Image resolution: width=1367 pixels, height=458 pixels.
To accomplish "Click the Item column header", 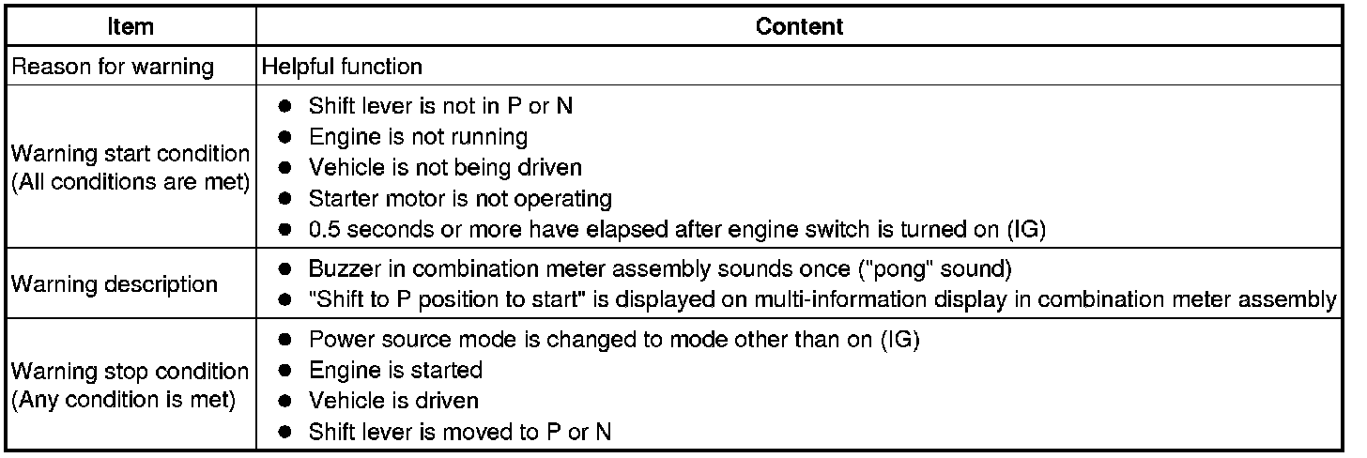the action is pos(131,27).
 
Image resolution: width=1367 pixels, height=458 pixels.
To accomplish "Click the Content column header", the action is pos(799,27).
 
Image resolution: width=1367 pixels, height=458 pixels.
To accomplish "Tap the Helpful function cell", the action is pos(342,68).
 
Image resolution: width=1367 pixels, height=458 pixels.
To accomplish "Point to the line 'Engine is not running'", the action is pos(418,137).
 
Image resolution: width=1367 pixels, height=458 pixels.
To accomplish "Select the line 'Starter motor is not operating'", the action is pos(460,199).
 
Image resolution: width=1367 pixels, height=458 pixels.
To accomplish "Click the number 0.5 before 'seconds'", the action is pos(324,230).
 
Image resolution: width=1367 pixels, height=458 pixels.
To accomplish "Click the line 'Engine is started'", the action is pos(395,371).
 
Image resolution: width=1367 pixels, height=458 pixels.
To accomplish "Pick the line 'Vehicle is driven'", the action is pos(393,402).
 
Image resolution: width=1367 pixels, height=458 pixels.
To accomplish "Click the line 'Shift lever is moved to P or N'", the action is pos(462,433).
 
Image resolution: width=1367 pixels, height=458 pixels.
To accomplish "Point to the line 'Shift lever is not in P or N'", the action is pos(440,106).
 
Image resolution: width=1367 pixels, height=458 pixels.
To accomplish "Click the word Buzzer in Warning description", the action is pos(338,268).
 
